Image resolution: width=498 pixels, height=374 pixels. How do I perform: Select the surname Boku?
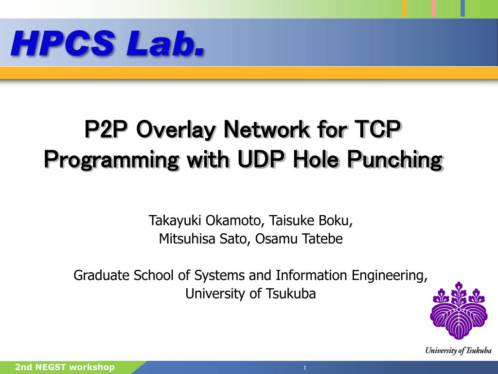point(335,221)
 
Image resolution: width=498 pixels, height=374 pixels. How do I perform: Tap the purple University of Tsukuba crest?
point(458,312)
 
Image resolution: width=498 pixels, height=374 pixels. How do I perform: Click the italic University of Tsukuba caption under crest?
point(458,351)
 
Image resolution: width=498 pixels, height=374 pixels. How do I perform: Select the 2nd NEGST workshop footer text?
point(65,367)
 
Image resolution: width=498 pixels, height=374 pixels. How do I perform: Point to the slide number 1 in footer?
point(304,368)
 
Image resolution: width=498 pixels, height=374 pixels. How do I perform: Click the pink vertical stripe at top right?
point(434,8)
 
